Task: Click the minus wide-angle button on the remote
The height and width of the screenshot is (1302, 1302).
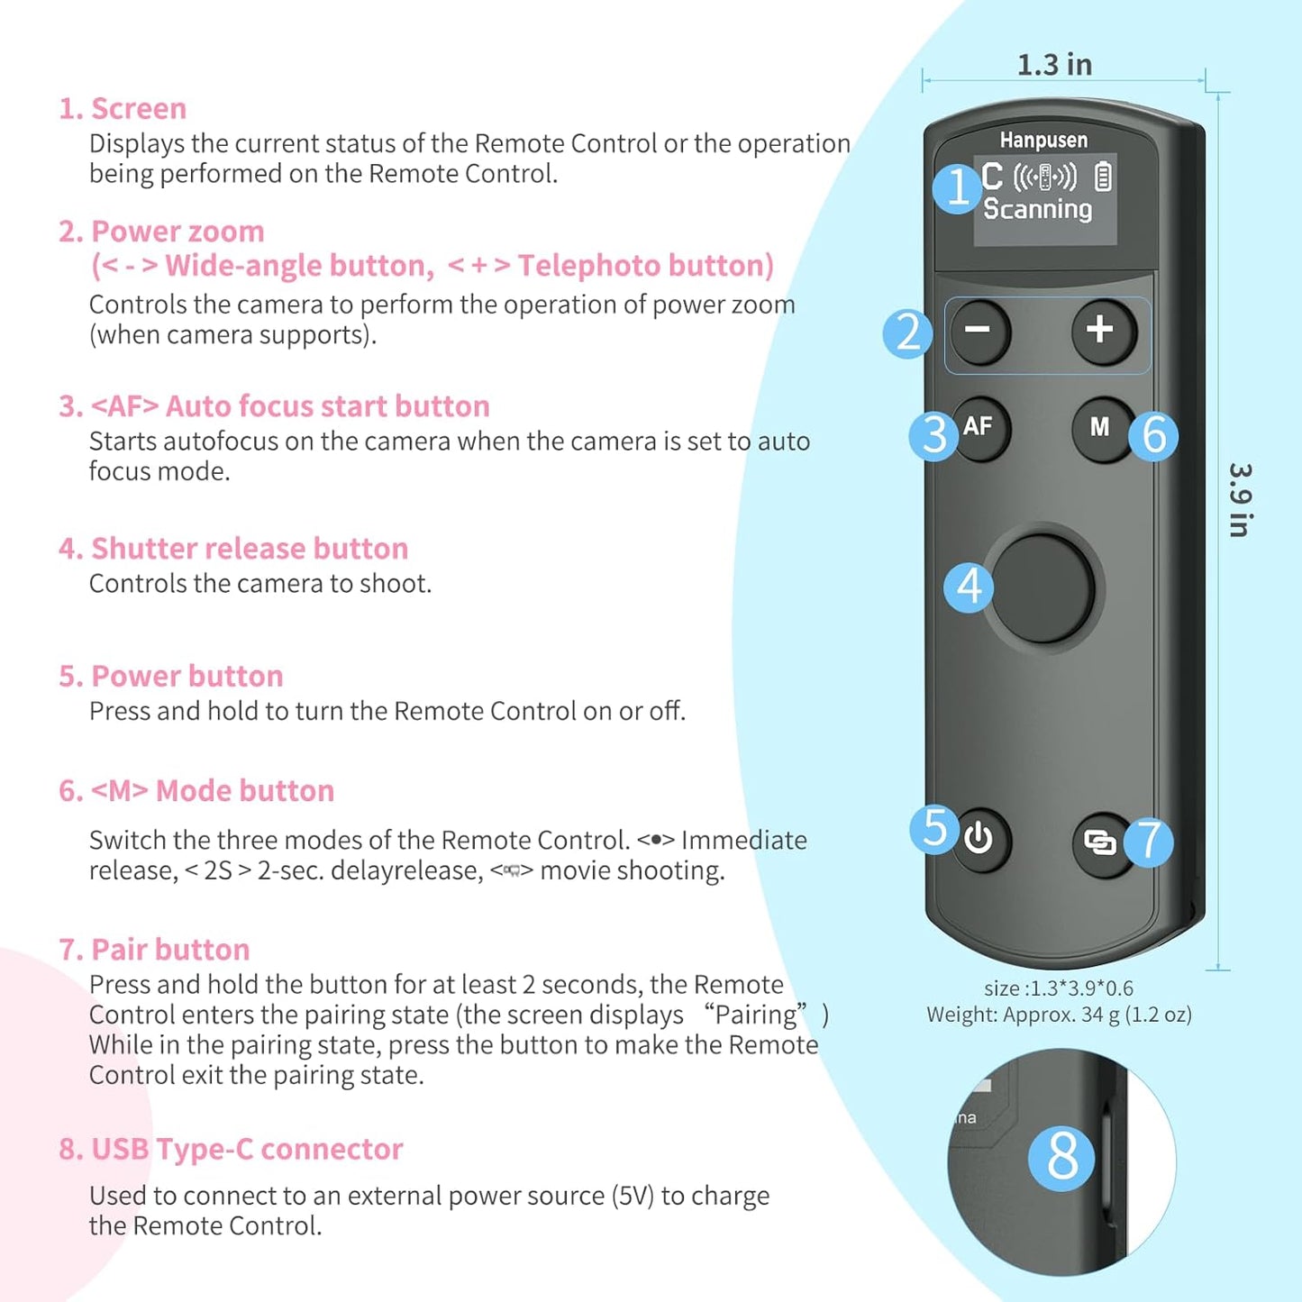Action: [979, 331]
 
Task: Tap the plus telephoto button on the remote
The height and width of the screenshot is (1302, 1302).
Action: [1101, 331]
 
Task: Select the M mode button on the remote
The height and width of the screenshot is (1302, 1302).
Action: [1100, 427]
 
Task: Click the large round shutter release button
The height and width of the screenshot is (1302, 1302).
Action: [1042, 587]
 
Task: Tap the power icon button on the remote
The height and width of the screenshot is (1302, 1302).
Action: [979, 840]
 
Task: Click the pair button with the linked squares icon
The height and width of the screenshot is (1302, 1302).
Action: [1100, 842]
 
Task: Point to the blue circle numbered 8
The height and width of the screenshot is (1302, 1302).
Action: [1062, 1157]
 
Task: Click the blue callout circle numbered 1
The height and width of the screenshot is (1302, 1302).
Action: [957, 187]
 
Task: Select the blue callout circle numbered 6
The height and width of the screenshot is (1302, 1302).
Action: [1154, 435]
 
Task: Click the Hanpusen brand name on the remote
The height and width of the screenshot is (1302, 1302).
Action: [1043, 140]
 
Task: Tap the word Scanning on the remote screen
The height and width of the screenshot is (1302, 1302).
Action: [1037, 209]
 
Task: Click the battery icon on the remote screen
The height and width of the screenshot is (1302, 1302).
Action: [1103, 176]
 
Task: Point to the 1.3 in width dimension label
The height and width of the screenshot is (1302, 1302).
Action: [1054, 65]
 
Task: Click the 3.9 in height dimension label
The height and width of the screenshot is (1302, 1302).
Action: [1241, 501]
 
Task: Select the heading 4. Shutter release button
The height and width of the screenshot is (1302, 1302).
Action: [233, 549]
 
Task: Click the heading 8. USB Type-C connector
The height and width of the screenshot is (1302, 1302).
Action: [231, 1149]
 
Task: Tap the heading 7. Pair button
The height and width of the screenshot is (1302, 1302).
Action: [154, 950]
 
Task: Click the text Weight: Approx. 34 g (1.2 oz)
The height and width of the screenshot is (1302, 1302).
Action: [1059, 1015]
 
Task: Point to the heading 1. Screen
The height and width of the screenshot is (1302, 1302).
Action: [123, 109]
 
